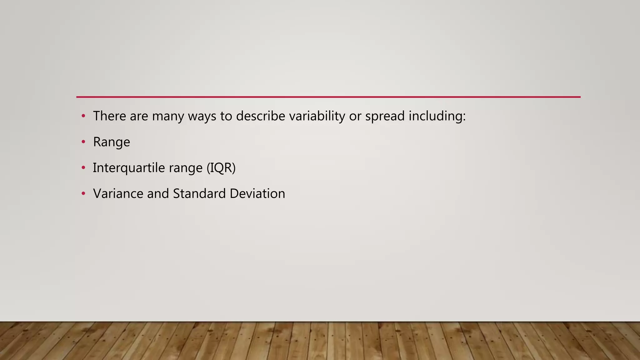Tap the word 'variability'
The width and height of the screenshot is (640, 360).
(x=317, y=116)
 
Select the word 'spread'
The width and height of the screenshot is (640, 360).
(x=385, y=116)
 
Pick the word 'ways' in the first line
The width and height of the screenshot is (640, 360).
(x=202, y=116)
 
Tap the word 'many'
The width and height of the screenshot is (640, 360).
(x=168, y=116)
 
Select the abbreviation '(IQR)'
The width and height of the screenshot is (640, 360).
(x=221, y=168)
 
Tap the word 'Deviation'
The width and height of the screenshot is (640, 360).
(x=257, y=193)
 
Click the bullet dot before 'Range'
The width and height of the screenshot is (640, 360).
(x=83, y=142)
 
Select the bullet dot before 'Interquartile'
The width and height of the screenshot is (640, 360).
(x=83, y=168)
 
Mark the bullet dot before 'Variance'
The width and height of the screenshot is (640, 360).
(x=83, y=194)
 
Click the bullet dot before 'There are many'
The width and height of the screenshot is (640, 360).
(x=83, y=116)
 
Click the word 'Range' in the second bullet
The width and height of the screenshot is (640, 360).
(x=112, y=142)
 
